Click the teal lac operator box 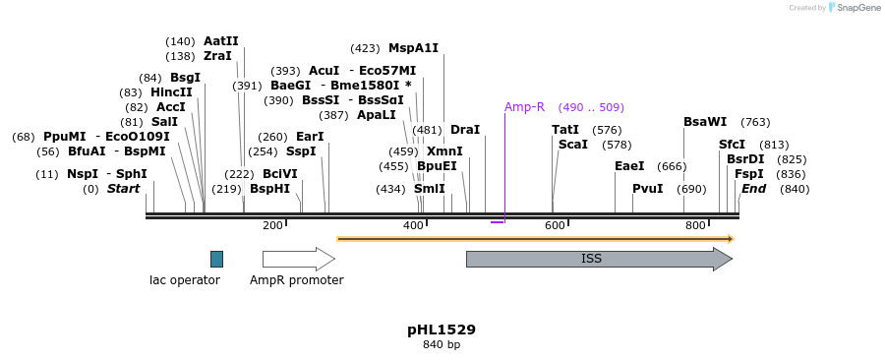pyautogui.click(x=216, y=259)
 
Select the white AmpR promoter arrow pyautogui.click(x=298, y=259)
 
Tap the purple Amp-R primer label pyautogui.click(x=524, y=107)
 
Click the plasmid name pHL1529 pyautogui.click(x=442, y=330)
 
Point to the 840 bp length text pyautogui.click(x=442, y=344)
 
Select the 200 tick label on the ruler pyautogui.click(x=272, y=226)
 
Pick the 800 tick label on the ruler pyautogui.click(x=695, y=226)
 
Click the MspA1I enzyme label pyautogui.click(x=413, y=47)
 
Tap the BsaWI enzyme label pyautogui.click(x=705, y=122)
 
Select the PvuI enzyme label pyautogui.click(x=647, y=189)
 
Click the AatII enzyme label pyautogui.click(x=220, y=41)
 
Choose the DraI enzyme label pyautogui.click(x=465, y=130)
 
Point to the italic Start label pyautogui.click(x=124, y=189)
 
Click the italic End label pyautogui.click(x=753, y=189)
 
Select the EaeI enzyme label pyautogui.click(x=629, y=166)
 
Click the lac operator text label pyautogui.click(x=185, y=280)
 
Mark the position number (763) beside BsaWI pyautogui.click(x=755, y=122)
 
